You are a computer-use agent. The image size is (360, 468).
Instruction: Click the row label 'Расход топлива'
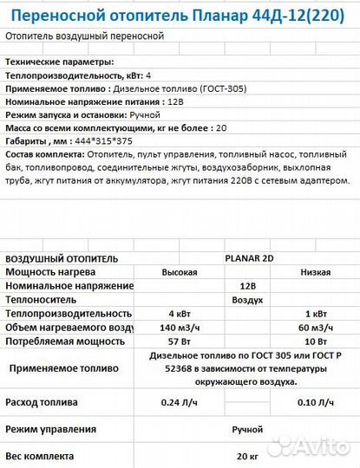click(42, 402)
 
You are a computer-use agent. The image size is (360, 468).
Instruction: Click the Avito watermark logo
click(308, 447)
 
